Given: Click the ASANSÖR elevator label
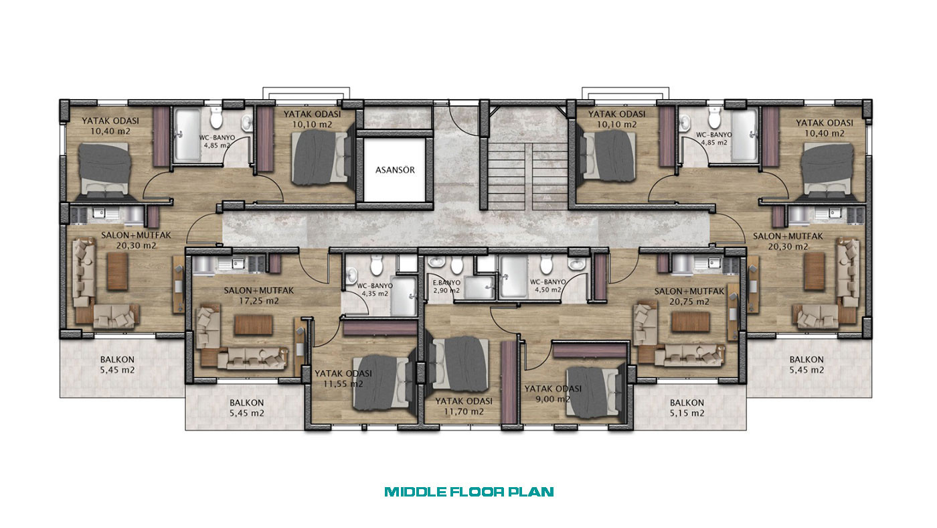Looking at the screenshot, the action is click(395, 170).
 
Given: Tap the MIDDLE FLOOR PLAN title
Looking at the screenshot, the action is click(469, 492).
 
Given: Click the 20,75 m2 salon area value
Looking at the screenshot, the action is click(689, 302).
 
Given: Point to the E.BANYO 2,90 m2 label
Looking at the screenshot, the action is click(446, 287).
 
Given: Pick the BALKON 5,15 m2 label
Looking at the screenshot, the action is click(687, 408).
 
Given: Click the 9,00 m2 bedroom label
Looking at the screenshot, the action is click(553, 399).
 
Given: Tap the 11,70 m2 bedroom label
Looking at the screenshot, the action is click(463, 411).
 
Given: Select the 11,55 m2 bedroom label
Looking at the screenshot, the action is click(343, 384).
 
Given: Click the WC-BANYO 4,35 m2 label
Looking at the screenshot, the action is click(375, 289).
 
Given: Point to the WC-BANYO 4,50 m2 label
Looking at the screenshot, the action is click(548, 286).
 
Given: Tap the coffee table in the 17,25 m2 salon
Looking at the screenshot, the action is click(254, 325).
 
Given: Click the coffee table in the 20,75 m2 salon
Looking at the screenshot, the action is click(691, 322).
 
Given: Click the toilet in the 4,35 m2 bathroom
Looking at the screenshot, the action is click(376, 266).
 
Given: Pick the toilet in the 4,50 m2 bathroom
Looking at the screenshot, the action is click(546, 265).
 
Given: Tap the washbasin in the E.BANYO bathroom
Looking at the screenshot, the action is click(436, 263).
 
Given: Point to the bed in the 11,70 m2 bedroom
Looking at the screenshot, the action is click(458, 365).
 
